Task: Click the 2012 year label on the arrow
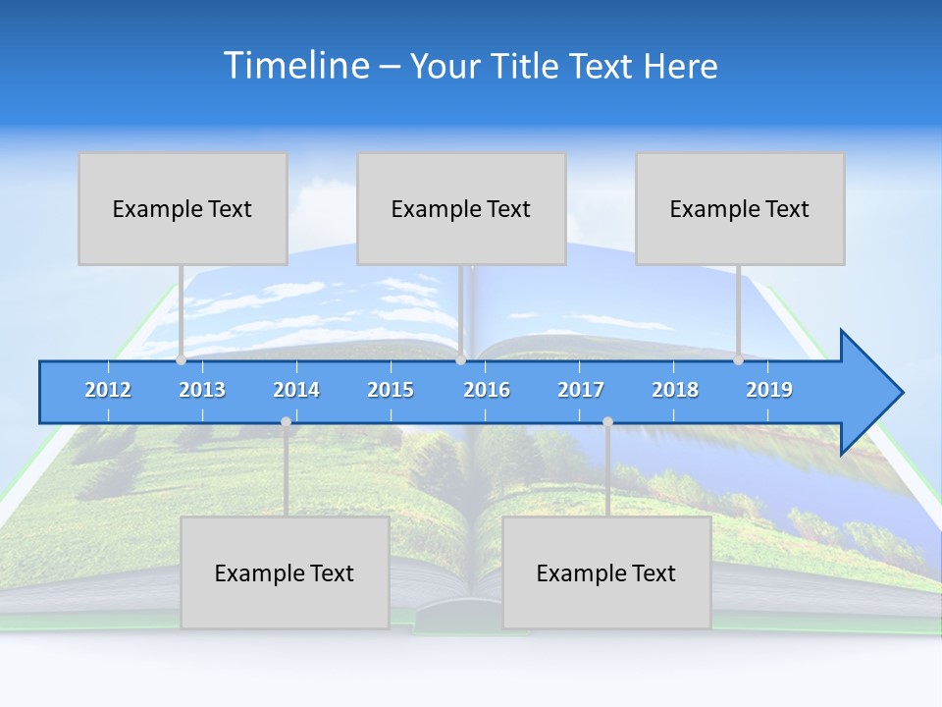pyautogui.click(x=108, y=390)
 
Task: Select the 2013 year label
pyautogui.click(x=202, y=390)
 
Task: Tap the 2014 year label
pyautogui.click(x=296, y=390)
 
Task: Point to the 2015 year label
pyautogui.click(x=391, y=390)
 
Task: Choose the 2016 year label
pyautogui.click(x=487, y=390)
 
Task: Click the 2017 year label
pyautogui.click(x=581, y=390)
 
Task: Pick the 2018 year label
pyautogui.click(x=675, y=390)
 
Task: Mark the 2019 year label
pyautogui.click(x=769, y=390)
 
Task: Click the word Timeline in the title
pyautogui.click(x=293, y=66)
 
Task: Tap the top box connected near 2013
pyautogui.click(x=183, y=208)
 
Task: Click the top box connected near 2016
pyautogui.click(x=461, y=208)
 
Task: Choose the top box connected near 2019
pyautogui.click(x=740, y=208)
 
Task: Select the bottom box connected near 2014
pyautogui.click(x=285, y=572)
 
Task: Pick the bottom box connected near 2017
pyautogui.click(x=606, y=572)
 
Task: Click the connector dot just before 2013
pyautogui.click(x=182, y=360)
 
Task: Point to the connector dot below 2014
pyautogui.click(x=286, y=422)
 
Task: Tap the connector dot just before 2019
pyautogui.click(x=738, y=360)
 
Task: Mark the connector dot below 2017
pyautogui.click(x=607, y=422)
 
